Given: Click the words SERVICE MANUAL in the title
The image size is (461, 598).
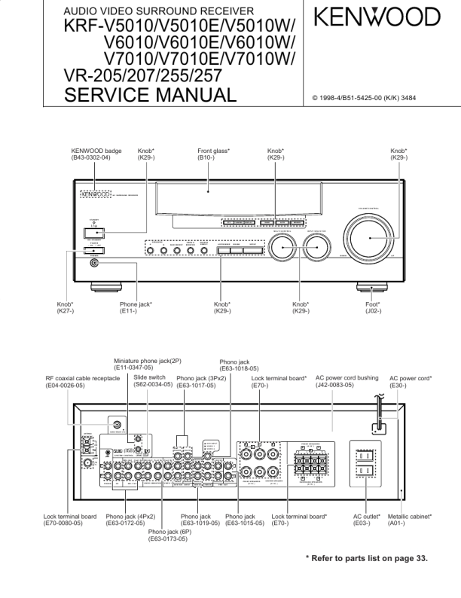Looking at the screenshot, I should pyautogui.click(x=151, y=94).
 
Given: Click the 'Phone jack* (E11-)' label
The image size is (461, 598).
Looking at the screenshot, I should pyautogui.click(x=136, y=307).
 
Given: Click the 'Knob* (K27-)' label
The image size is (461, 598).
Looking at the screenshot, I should pyautogui.click(x=64, y=307).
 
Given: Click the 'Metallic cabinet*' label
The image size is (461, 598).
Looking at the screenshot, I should pyautogui.click(x=410, y=520).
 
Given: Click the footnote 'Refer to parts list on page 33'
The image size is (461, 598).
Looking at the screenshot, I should pyautogui.click(x=366, y=558).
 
